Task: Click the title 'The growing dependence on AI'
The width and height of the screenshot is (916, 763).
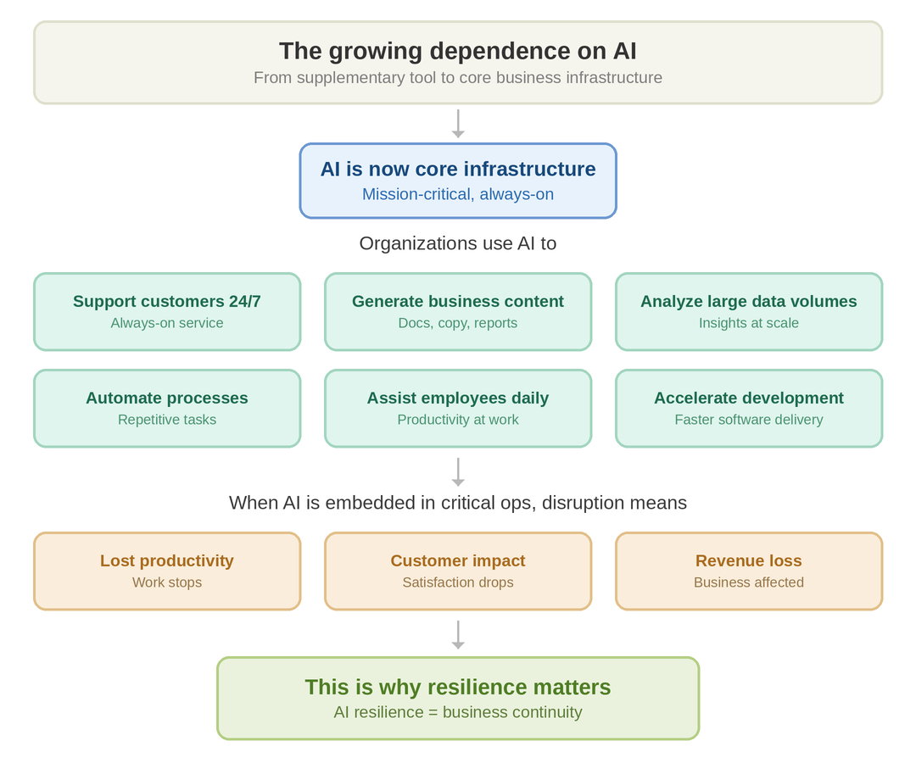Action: pos(458,51)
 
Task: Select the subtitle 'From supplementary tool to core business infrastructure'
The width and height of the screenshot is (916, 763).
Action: pos(458,78)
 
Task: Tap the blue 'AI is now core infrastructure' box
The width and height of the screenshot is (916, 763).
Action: pos(458,181)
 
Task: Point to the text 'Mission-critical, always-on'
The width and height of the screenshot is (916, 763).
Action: pos(458,194)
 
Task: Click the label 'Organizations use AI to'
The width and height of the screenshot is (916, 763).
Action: pos(458,243)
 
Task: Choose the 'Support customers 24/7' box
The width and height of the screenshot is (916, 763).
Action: pos(167,312)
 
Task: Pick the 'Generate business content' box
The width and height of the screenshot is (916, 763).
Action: pos(458,312)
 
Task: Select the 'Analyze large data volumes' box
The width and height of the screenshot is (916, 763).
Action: pos(749,312)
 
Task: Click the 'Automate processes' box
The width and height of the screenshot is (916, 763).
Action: pos(167,409)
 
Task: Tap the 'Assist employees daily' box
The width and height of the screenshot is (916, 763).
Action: pos(458,409)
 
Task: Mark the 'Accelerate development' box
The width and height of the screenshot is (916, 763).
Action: pos(749,409)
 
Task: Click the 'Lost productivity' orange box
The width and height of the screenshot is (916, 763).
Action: pos(167,571)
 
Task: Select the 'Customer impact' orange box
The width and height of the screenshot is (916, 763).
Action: pos(458,571)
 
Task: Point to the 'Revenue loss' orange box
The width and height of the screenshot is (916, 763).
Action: pos(749,571)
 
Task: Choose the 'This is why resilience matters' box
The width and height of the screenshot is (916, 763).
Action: pos(458,699)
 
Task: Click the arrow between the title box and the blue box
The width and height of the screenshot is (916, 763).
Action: pos(458,124)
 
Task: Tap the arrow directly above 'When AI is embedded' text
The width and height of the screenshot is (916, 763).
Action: pos(458,472)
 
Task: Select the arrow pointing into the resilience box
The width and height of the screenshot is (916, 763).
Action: pos(458,635)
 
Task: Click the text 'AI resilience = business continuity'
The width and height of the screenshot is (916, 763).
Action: pos(458,712)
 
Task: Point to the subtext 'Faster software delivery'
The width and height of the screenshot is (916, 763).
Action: pos(749,420)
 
